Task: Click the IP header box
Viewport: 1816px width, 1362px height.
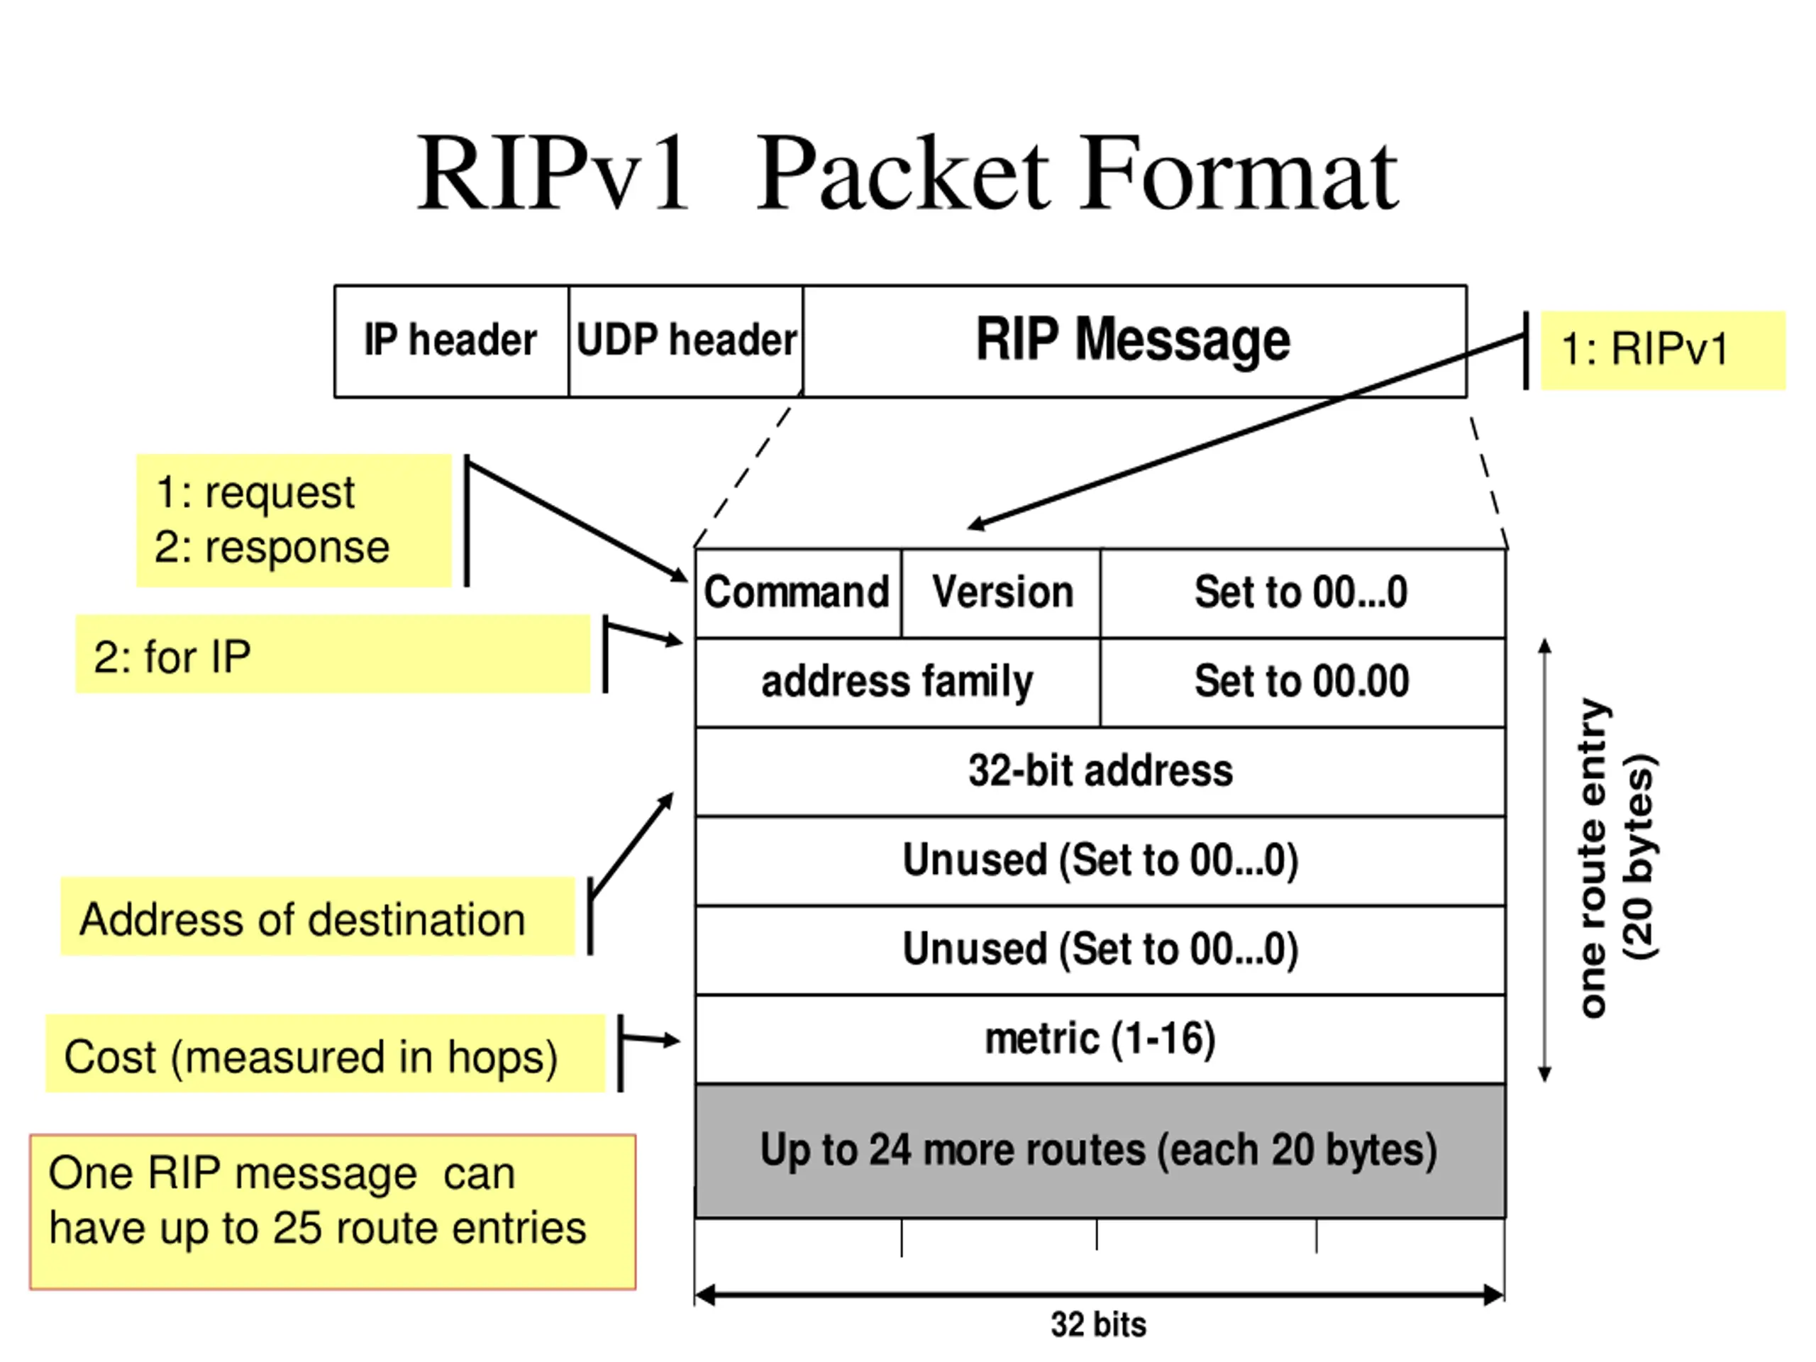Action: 452,341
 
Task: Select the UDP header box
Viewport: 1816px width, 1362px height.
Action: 685,341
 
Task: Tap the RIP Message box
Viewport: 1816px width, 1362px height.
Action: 1134,341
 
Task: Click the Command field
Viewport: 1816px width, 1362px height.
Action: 798,593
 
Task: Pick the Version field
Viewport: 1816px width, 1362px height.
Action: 1001,593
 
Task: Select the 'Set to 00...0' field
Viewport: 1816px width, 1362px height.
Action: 1303,593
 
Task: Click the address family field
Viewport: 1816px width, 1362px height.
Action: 897,682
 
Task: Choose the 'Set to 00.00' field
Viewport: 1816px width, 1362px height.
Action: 1303,682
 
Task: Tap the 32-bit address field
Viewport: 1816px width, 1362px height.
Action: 1100,772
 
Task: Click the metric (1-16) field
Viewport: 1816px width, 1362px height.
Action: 1100,1039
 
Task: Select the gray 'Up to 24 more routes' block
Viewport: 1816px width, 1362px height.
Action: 1100,1151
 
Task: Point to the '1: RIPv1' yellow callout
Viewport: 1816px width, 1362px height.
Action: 1663,350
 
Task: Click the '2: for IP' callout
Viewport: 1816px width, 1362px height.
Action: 333,654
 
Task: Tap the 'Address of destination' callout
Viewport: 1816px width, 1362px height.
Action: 318,917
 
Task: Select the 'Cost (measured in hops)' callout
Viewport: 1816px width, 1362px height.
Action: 325,1053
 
